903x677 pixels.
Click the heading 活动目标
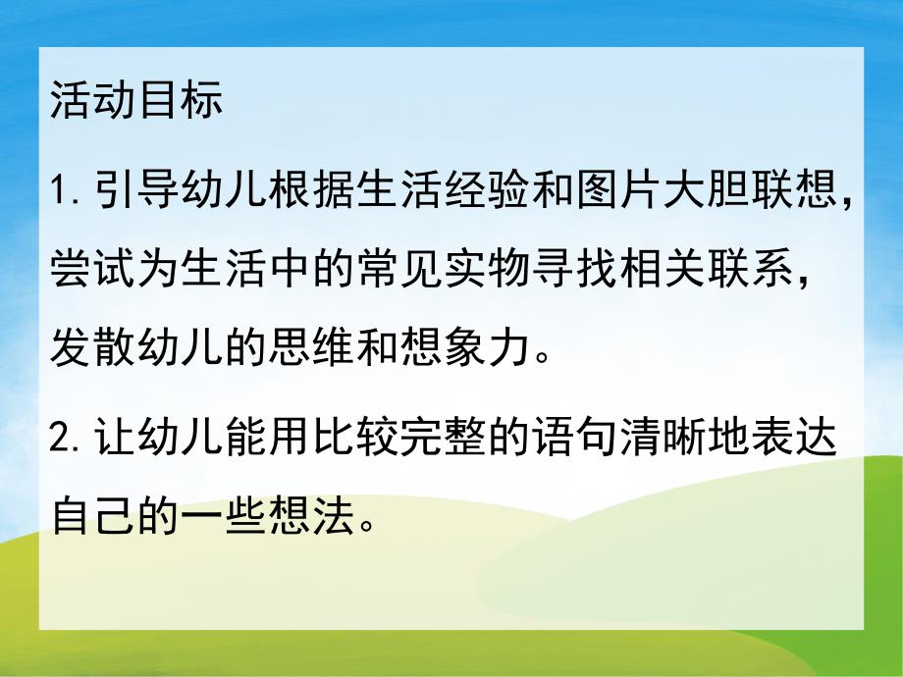click(x=136, y=101)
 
